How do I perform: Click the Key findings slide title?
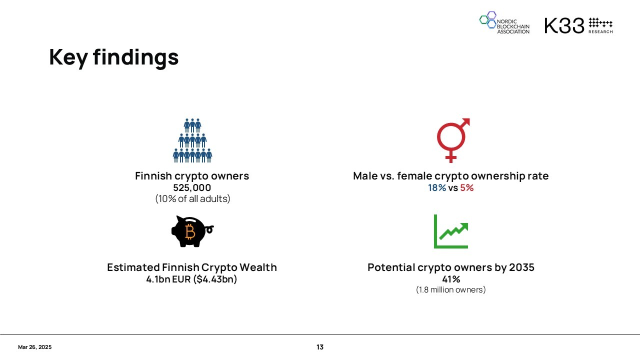[x=113, y=57]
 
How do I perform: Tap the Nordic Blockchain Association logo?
[x=504, y=23]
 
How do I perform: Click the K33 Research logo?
[x=578, y=25]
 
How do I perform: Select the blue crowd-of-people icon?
[x=192, y=140]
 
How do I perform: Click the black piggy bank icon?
[x=192, y=231]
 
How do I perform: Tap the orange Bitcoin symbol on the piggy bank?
[x=190, y=231]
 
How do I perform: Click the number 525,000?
[x=192, y=187]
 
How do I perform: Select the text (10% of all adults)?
[x=192, y=198]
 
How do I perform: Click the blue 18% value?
[x=437, y=187]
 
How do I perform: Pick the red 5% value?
[x=467, y=187]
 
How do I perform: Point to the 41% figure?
[x=451, y=279]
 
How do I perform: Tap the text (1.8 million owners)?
[x=451, y=289]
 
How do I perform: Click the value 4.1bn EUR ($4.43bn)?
[x=191, y=279]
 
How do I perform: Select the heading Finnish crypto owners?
[x=192, y=176]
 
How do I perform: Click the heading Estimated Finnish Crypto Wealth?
[x=192, y=267]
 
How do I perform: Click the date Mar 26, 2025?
[x=35, y=347]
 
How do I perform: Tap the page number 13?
[x=320, y=347]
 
